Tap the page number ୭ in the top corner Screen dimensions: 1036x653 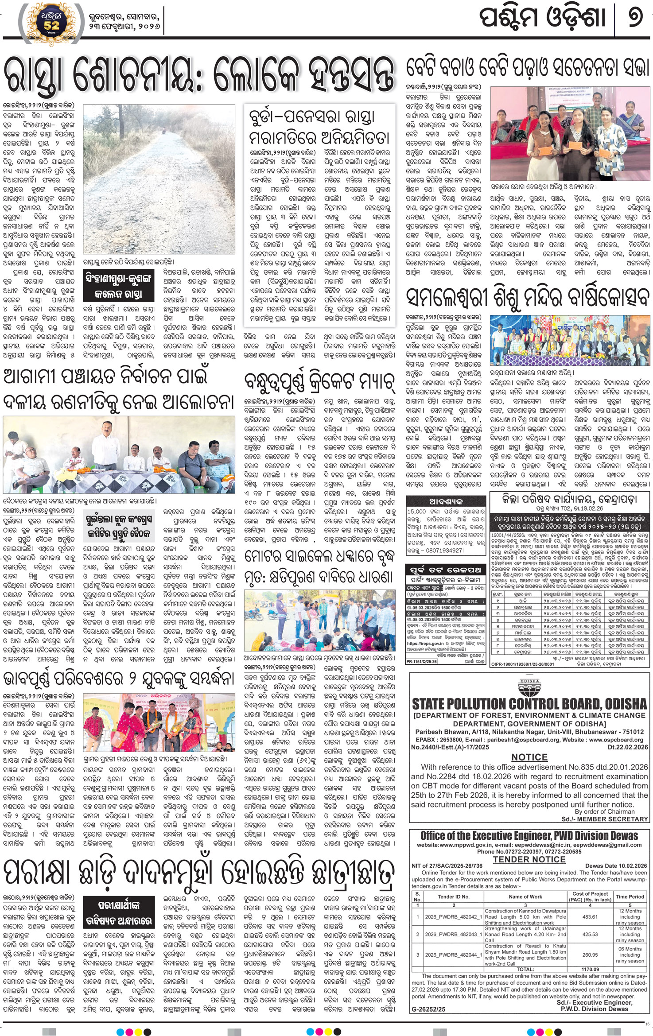(635, 18)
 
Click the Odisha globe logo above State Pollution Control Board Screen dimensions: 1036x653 (529, 688)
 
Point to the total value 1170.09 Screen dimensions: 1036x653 (590, 969)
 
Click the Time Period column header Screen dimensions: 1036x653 (630, 896)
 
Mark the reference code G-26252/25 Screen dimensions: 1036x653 (429, 1009)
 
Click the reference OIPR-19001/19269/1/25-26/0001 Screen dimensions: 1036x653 (523, 664)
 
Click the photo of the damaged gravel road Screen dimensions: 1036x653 (159, 179)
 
